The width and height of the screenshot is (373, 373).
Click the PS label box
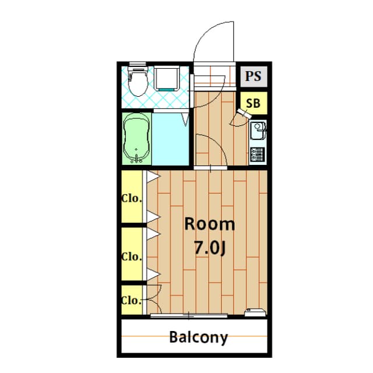(254, 76)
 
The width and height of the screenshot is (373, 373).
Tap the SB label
(253, 103)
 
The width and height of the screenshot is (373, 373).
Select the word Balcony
(198, 337)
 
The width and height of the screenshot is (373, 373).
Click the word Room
(210, 224)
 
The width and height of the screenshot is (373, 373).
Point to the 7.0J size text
(210, 248)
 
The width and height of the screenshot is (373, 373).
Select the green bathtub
(136, 138)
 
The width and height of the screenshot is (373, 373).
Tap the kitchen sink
(258, 131)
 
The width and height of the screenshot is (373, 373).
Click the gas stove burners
(258, 154)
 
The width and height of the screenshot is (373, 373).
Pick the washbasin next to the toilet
(167, 79)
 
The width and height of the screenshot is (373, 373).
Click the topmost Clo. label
(132, 198)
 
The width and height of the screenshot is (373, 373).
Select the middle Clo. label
(132, 256)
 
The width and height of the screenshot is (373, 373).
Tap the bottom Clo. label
(132, 301)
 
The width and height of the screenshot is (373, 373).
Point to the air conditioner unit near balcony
(255, 312)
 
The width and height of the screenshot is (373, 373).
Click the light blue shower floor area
(170, 139)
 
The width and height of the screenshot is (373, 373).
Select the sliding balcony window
(189, 316)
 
